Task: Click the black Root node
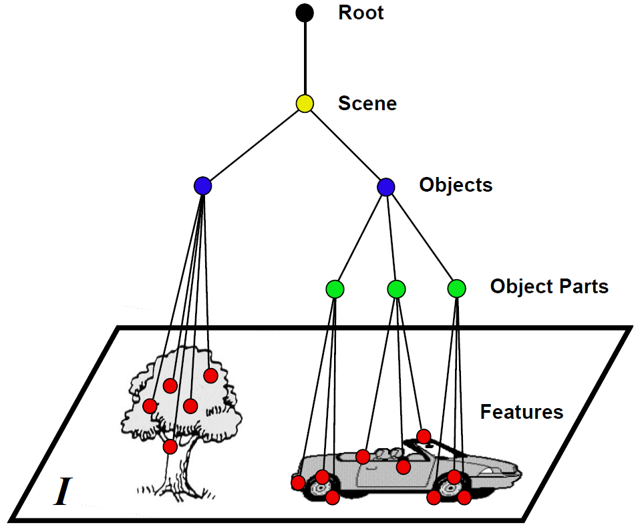305,12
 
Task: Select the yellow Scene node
305,104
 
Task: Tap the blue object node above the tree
202,186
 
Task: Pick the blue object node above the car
385,187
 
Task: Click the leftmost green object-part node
335,289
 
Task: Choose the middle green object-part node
396,289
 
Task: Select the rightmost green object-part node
456,289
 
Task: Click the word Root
361,13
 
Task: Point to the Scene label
367,104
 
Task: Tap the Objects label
456,185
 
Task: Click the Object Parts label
549,287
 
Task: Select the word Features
521,411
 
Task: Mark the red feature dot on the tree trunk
170,446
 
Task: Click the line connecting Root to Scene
305,57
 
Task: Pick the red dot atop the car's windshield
424,436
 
